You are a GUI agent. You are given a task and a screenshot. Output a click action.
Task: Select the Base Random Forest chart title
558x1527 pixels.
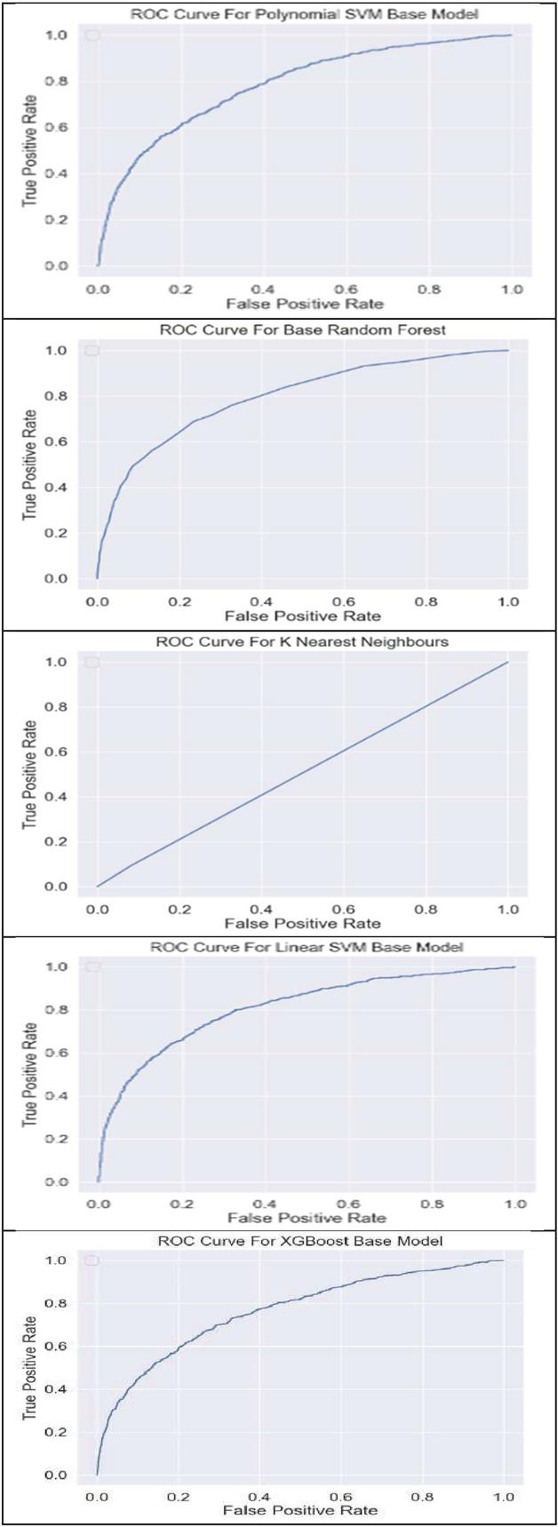[303, 330]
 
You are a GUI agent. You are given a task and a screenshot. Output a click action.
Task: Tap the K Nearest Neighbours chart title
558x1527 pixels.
[303, 641]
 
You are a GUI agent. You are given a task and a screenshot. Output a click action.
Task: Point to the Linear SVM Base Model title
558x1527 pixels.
[307, 947]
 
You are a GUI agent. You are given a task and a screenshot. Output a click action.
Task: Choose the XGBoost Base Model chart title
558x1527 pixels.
[300, 1240]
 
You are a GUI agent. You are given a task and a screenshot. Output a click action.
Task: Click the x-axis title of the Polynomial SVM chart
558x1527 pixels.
[305, 304]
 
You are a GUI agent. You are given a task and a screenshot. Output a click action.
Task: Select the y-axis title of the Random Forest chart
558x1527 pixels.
[30, 465]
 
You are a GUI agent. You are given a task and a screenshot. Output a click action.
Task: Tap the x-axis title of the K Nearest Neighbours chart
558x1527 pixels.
[303, 923]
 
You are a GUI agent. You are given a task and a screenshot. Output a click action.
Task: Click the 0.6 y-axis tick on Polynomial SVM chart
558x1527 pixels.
[56, 128]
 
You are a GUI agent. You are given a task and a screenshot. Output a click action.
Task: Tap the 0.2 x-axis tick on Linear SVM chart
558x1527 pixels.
[183, 1204]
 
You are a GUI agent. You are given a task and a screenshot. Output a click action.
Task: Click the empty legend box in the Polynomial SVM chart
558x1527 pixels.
[92, 36]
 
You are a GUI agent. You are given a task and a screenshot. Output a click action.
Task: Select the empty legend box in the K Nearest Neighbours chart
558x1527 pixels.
[92, 663]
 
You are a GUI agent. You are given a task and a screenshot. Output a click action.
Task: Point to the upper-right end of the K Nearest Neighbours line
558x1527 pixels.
[508, 662]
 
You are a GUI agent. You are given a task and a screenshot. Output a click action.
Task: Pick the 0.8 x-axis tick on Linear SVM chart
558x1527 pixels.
[433, 1204]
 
